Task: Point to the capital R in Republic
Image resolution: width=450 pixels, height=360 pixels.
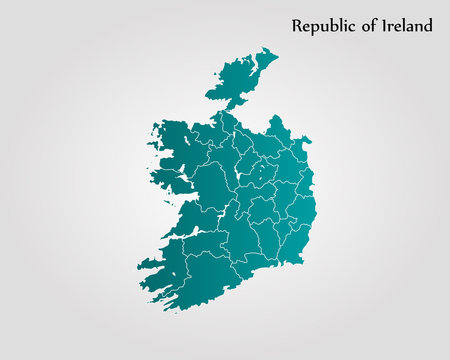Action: point(297,26)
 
